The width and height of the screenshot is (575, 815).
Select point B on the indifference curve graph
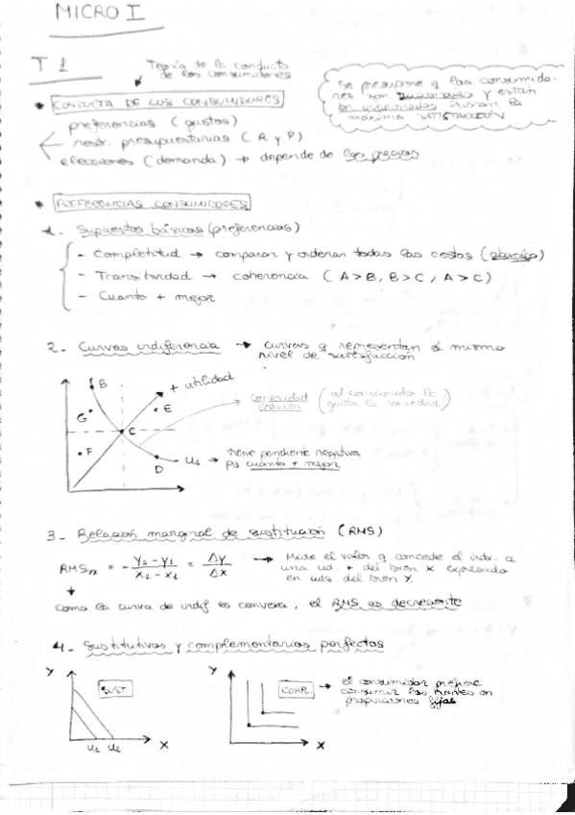[x=102, y=384]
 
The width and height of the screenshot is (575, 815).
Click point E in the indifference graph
[x=165, y=408]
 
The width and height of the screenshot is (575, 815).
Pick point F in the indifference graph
[x=88, y=450]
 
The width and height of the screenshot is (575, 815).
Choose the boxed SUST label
[x=112, y=688]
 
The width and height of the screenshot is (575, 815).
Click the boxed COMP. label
[x=295, y=689]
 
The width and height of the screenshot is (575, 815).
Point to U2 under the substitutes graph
[x=113, y=747]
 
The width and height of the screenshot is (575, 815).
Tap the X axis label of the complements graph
[x=323, y=745]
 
